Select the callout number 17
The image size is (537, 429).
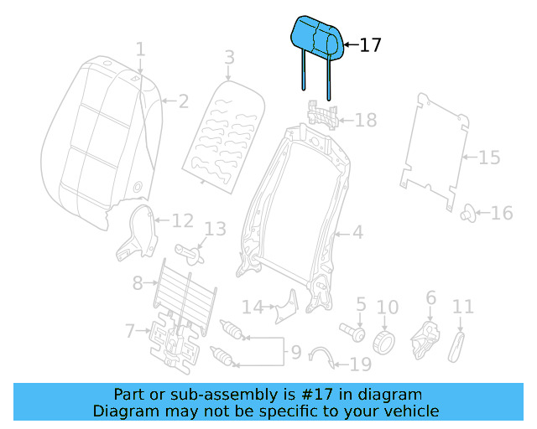tap(370, 45)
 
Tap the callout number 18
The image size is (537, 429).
tap(366, 121)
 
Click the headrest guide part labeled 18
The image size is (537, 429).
tap(323, 115)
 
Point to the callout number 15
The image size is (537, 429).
tap(488, 158)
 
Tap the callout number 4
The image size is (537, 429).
tap(357, 232)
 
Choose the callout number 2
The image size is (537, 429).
tap(183, 102)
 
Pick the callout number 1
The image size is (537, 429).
tap(141, 49)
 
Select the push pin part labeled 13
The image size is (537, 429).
tap(190, 250)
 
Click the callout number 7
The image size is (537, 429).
tap(130, 332)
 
